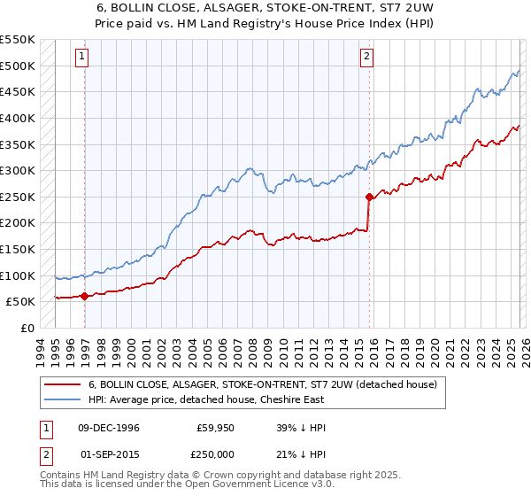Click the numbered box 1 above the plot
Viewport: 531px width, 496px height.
(x=81, y=57)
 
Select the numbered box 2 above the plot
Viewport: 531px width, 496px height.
(x=366, y=57)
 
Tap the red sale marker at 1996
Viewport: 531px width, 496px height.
(x=84, y=297)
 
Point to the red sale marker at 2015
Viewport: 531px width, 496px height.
(x=369, y=197)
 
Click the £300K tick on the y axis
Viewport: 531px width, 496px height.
(x=18, y=170)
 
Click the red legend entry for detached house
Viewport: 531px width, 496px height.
(x=262, y=385)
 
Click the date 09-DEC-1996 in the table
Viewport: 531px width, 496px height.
(x=109, y=428)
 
